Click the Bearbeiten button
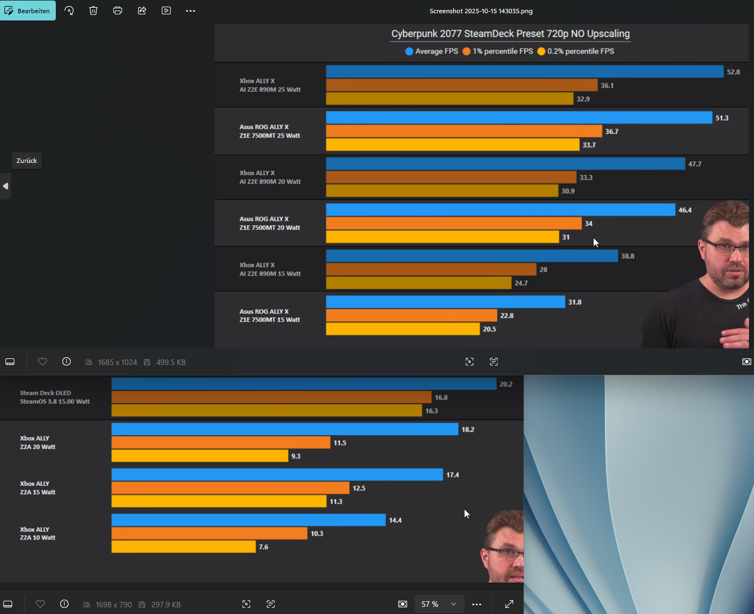(28, 10)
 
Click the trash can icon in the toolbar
(93, 10)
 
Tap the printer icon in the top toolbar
(118, 10)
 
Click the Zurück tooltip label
(27, 161)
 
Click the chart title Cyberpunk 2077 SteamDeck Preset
(510, 34)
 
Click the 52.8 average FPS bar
(524, 72)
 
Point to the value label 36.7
(611, 131)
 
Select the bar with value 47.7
(505, 164)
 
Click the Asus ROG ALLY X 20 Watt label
(270, 223)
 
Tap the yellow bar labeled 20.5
(403, 329)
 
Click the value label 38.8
(628, 256)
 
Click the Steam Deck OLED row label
(55, 397)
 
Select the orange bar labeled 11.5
(220, 443)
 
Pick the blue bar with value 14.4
(248, 520)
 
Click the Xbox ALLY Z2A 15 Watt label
(38, 488)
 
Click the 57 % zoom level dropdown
(439, 604)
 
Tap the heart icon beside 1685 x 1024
(43, 362)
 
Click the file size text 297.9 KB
(166, 605)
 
